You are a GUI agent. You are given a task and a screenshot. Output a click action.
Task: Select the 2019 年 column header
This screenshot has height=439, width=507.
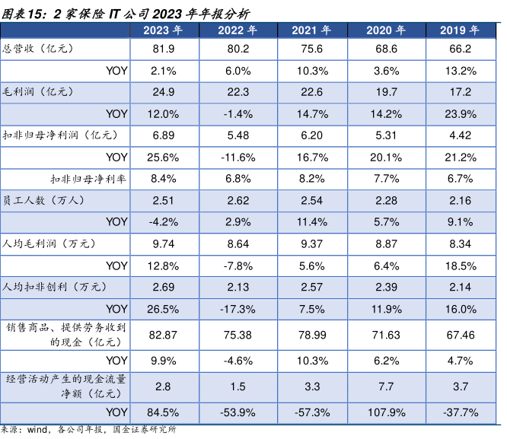tap(460, 30)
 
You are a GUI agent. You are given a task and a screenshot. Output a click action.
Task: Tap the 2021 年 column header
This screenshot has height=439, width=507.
tap(311, 30)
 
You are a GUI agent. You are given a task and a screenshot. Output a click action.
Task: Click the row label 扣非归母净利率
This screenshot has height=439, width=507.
tap(89, 179)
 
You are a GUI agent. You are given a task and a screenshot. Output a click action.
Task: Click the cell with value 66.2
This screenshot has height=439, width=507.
tap(460, 48)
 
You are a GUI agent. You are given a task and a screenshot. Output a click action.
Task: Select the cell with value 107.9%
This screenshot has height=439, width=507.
tap(385, 413)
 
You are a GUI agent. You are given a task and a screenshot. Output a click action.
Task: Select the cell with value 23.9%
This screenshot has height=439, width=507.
tap(460, 113)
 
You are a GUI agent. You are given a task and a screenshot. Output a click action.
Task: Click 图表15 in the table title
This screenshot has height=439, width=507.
tap(21, 11)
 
